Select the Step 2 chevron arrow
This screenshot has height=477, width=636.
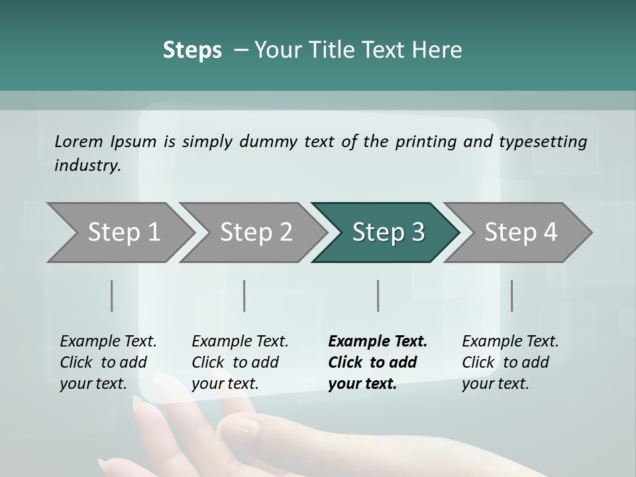tap(256, 233)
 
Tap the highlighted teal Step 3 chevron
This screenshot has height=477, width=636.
tap(388, 233)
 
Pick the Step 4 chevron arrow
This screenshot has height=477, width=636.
tap(521, 233)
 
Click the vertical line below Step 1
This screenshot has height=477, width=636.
tap(112, 295)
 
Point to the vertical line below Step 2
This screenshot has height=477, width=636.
tap(244, 295)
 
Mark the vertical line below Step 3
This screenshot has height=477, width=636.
tap(378, 295)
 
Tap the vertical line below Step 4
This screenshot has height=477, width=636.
tap(511, 295)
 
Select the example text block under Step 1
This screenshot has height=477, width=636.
tap(108, 362)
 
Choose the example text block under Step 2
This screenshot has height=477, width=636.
tap(240, 362)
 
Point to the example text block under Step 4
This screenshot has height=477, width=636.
tap(510, 362)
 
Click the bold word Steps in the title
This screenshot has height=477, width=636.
tap(192, 50)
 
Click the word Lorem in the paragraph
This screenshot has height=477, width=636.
tap(79, 141)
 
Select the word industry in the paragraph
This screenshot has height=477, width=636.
tap(87, 165)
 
